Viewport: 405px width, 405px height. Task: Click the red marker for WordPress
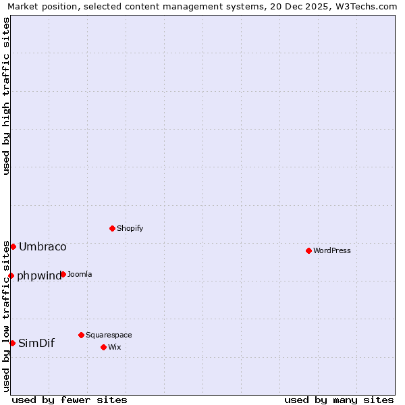[308, 250]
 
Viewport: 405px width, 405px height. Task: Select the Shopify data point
[112, 228]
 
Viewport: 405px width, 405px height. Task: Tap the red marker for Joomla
[63, 274]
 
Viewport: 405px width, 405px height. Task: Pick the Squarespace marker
[81, 335]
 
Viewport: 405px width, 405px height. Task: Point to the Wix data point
[103, 347]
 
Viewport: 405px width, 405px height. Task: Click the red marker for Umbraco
[13, 246]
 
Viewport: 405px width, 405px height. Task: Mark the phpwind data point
[11, 275]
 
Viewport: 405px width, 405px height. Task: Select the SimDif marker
[12, 343]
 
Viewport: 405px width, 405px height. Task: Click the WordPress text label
[332, 250]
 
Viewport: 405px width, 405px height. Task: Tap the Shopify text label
[130, 228]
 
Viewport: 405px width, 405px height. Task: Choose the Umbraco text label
[43, 246]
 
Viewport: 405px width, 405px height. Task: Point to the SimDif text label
[36, 343]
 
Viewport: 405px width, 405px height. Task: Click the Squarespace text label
[109, 335]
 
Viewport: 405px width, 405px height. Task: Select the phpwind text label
[39, 275]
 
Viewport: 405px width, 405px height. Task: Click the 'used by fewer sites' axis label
[70, 400]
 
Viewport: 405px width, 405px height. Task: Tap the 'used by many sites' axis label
[339, 400]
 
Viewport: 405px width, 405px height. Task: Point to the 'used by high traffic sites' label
[6, 96]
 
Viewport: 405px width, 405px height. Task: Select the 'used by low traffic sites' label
[6, 316]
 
